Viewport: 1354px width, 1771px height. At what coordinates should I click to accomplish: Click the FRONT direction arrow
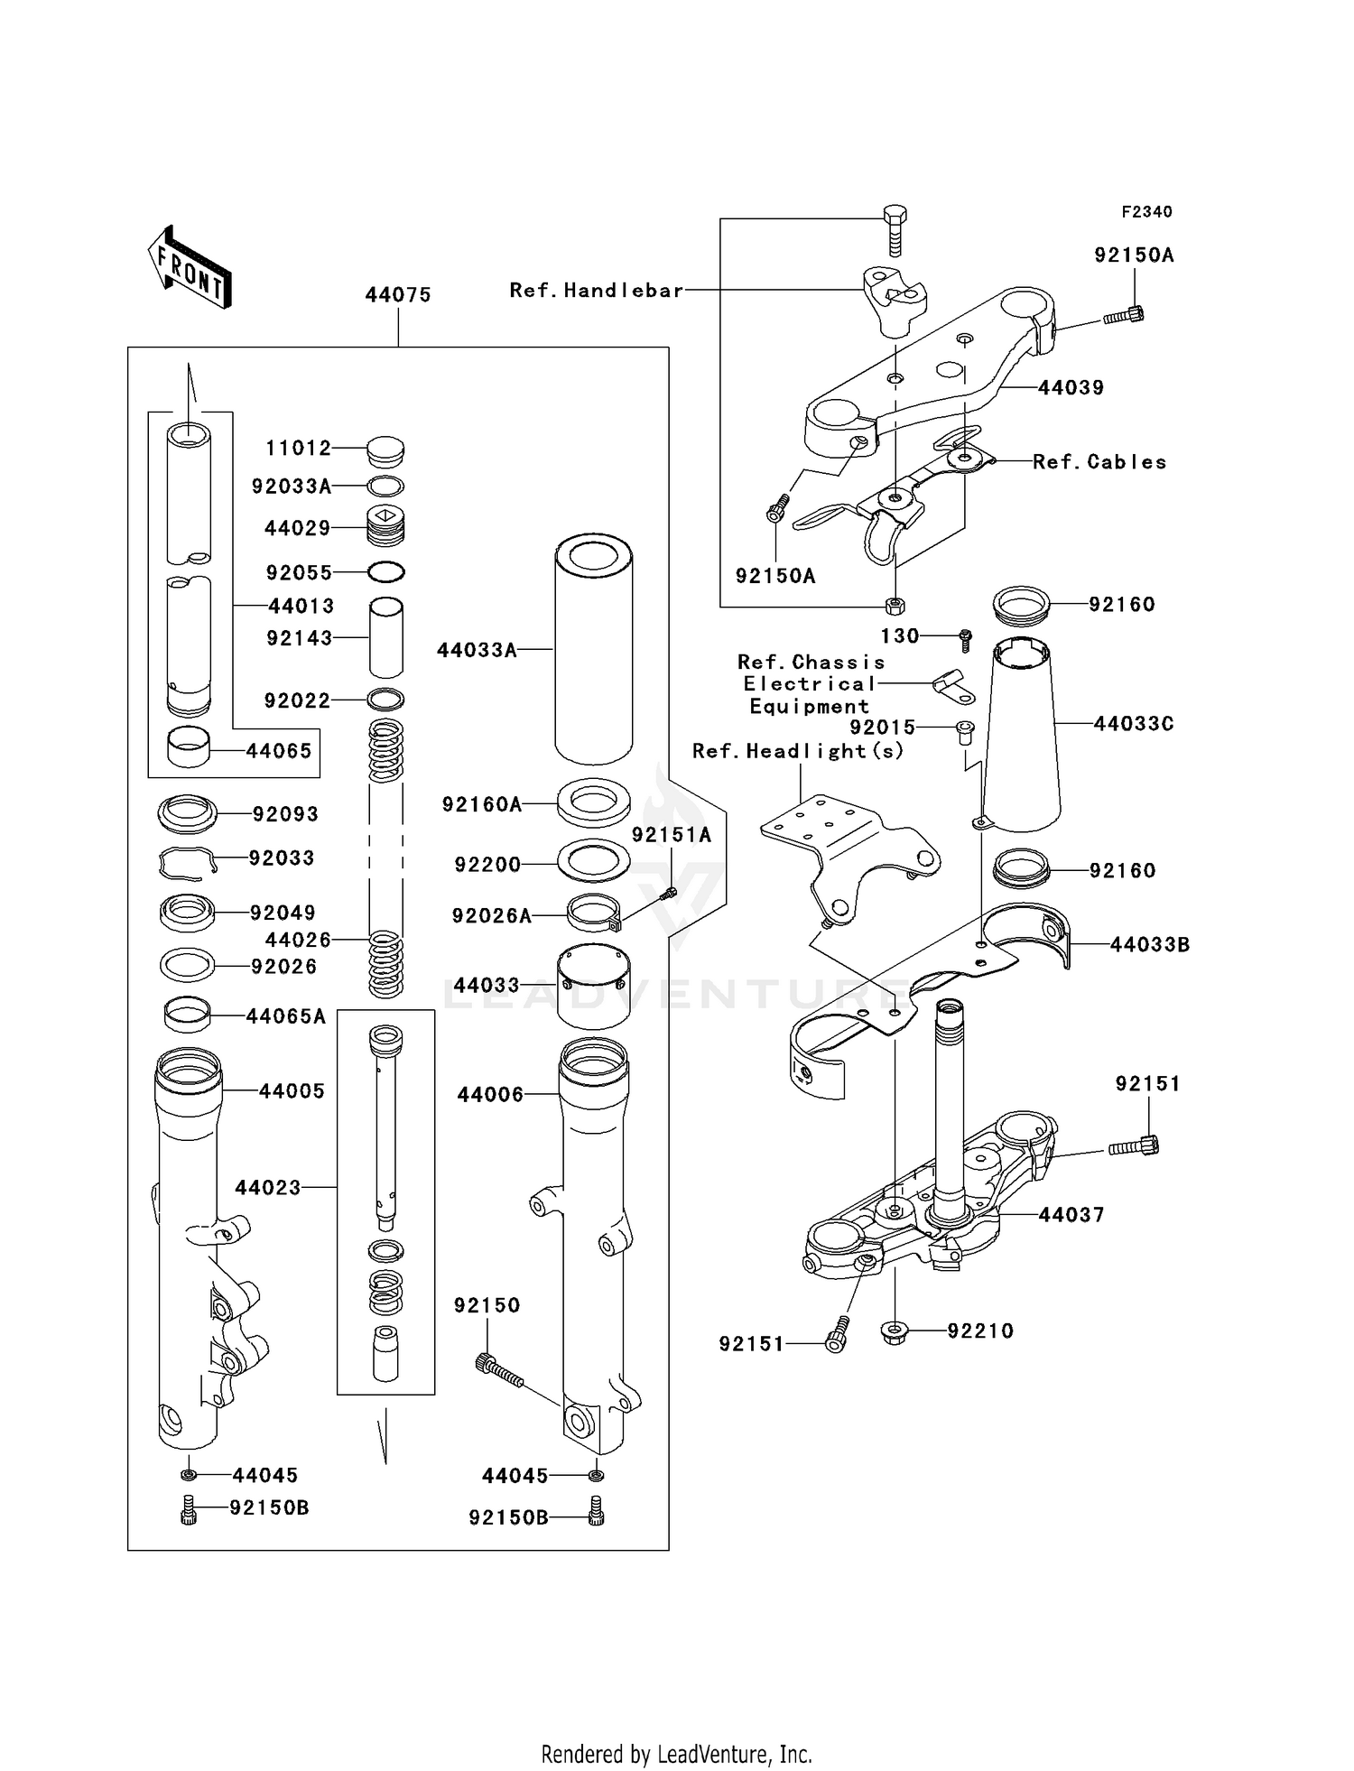(x=190, y=268)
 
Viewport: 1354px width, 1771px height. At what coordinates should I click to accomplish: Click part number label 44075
(x=398, y=295)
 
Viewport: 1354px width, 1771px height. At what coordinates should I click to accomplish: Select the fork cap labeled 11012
(x=385, y=450)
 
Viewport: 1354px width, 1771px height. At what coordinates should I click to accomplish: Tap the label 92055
(x=299, y=573)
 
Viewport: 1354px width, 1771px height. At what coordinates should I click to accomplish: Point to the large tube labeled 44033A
(x=593, y=649)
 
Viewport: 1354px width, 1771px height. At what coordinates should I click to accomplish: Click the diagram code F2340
(x=1146, y=212)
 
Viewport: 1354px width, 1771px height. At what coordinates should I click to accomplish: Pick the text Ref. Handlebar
(x=597, y=291)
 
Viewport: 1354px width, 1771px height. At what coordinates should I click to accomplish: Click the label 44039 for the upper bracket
(x=1071, y=388)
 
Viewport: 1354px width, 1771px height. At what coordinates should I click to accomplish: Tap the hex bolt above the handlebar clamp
(x=893, y=231)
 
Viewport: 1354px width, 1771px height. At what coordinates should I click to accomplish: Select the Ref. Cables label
(x=1099, y=462)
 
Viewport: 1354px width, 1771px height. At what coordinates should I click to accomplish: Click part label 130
(x=900, y=636)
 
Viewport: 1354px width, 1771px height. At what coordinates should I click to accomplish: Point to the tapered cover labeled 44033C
(x=1021, y=736)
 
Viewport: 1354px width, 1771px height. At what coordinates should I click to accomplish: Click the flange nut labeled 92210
(x=894, y=1331)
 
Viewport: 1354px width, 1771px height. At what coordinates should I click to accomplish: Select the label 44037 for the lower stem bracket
(x=1071, y=1215)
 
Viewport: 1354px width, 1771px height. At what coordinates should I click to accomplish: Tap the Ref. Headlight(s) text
(x=798, y=751)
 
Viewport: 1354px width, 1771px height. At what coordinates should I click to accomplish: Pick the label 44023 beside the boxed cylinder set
(x=268, y=1188)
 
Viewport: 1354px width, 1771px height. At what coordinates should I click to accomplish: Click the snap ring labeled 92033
(x=188, y=862)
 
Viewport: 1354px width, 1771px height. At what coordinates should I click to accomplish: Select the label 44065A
(x=286, y=1016)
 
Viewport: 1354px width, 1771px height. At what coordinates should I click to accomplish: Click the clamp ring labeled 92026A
(x=594, y=913)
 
